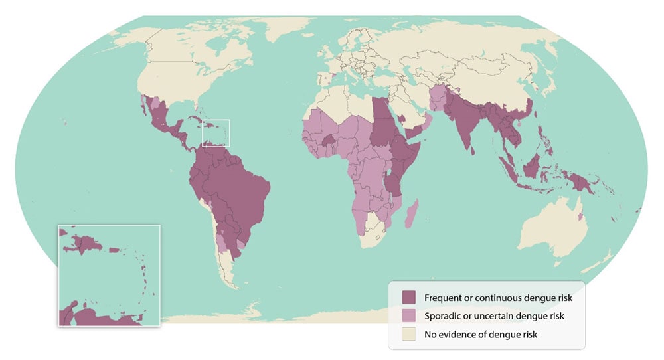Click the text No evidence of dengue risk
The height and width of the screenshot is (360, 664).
tap(481, 334)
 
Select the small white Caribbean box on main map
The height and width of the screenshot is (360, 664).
tap(215, 133)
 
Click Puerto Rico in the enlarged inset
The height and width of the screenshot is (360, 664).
tap(114, 250)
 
